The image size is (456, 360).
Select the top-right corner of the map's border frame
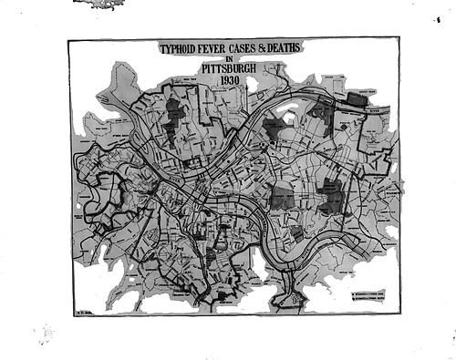pos(399,37)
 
